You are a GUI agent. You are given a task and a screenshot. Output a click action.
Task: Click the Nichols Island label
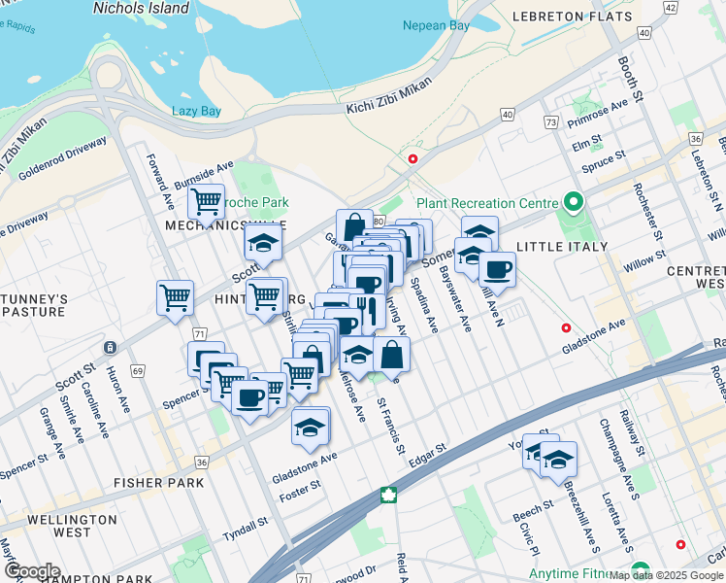click(x=141, y=8)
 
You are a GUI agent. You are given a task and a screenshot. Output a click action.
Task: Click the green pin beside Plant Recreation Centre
click(x=573, y=203)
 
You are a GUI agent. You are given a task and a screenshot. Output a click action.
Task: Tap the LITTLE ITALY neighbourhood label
click(x=562, y=247)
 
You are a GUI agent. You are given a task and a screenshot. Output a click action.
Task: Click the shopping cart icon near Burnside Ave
click(x=206, y=202)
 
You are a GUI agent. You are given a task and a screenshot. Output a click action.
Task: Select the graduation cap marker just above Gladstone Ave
click(x=310, y=428)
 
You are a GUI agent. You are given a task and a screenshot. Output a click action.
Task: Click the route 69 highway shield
click(x=139, y=371)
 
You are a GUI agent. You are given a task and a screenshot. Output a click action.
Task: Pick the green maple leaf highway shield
click(x=388, y=495)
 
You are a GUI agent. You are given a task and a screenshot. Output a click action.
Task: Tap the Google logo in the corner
click(x=31, y=570)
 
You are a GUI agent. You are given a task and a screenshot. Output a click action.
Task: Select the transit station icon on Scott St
click(x=111, y=347)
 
